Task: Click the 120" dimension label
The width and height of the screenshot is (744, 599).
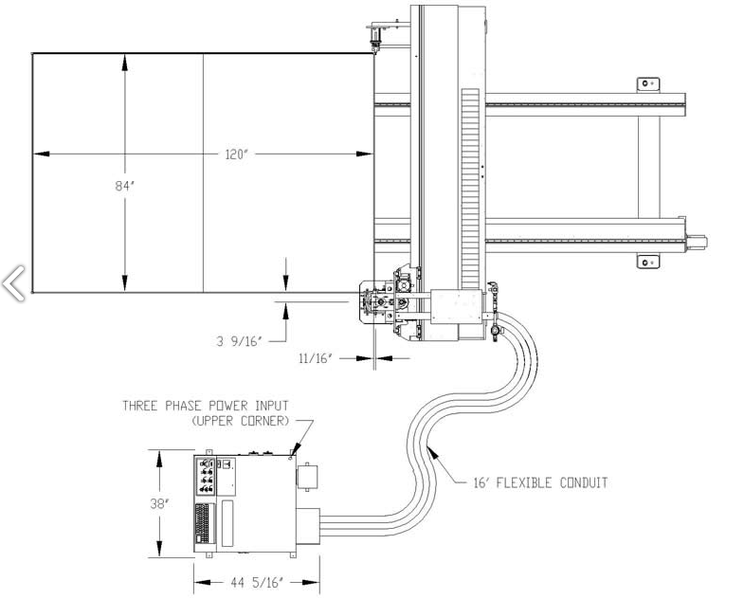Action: tap(237, 154)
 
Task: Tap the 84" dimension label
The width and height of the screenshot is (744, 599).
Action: tap(125, 186)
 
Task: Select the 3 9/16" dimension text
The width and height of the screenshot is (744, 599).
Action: tap(239, 341)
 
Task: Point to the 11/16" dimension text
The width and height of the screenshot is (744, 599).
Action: tap(316, 358)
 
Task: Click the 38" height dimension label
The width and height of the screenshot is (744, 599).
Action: tap(160, 503)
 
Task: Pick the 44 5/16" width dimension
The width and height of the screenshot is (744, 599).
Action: tap(257, 582)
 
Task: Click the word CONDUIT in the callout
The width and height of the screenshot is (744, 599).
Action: tap(584, 482)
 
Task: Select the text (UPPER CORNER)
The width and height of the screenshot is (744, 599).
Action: tap(241, 421)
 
